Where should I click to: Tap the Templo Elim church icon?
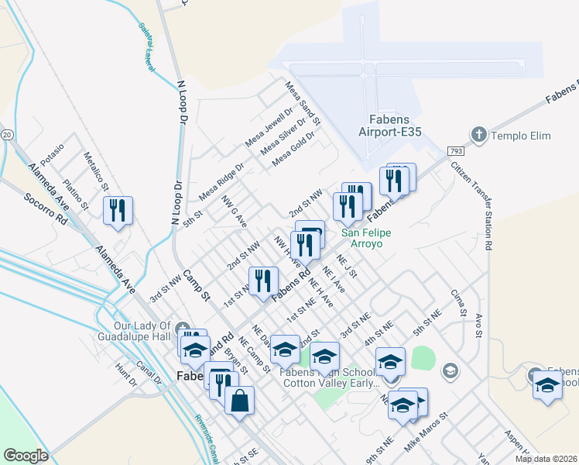tap(478, 136)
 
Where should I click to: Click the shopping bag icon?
tap(240, 401)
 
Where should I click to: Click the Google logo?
tap(26, 456)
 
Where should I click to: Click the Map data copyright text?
tap(545, 459)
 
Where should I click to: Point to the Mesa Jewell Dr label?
tap(265, 129)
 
